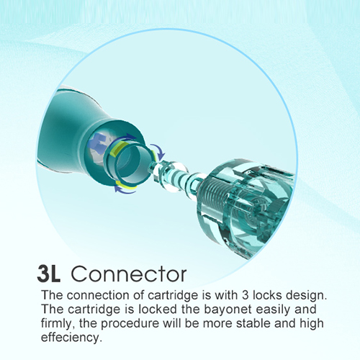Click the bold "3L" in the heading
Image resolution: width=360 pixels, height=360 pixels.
point(49,274)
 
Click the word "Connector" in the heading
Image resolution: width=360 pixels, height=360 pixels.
point(129,274)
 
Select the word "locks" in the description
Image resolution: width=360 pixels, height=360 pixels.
point(267,295)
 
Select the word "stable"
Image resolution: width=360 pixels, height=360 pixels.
point(253,323)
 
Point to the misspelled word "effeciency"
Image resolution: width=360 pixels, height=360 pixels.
point(71,338)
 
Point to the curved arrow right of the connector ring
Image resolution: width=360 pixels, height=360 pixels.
point(159,150)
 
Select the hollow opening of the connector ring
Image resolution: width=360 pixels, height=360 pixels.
point(130,163)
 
